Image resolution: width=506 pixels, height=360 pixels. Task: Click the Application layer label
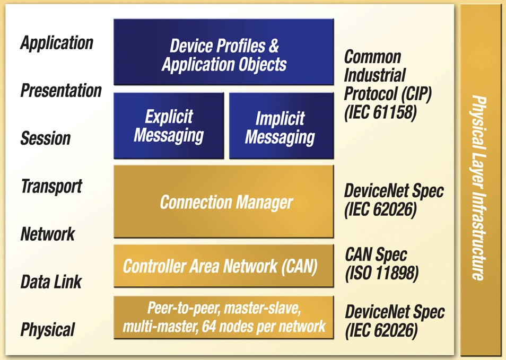pos(57,43)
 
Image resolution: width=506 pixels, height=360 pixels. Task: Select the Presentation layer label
pos(61,91)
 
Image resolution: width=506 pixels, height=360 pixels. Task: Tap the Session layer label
pos(46,138)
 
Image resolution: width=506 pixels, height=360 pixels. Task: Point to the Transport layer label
pos(51,186)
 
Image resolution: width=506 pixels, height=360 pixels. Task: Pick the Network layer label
pos(48,234)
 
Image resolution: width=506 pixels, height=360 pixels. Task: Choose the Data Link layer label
pos(51,282)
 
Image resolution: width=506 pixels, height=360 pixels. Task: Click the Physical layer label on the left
pos(48,329)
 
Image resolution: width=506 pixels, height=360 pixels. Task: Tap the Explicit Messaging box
pos(169,126)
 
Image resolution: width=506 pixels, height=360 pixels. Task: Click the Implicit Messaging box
pos(280,127)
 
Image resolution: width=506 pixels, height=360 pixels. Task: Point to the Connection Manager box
pos(223,201)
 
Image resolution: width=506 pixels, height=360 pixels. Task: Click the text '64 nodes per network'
pos(264,326)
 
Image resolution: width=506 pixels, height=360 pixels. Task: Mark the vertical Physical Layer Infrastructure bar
pos(480,180)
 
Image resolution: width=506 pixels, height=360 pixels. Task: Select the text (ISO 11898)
pos(381,274)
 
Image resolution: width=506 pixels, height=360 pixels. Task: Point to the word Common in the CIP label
pos(372,57)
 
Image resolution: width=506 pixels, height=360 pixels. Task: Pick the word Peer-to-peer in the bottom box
pos(176,308)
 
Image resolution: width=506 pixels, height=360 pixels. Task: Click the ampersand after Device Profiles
pos(274,46)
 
